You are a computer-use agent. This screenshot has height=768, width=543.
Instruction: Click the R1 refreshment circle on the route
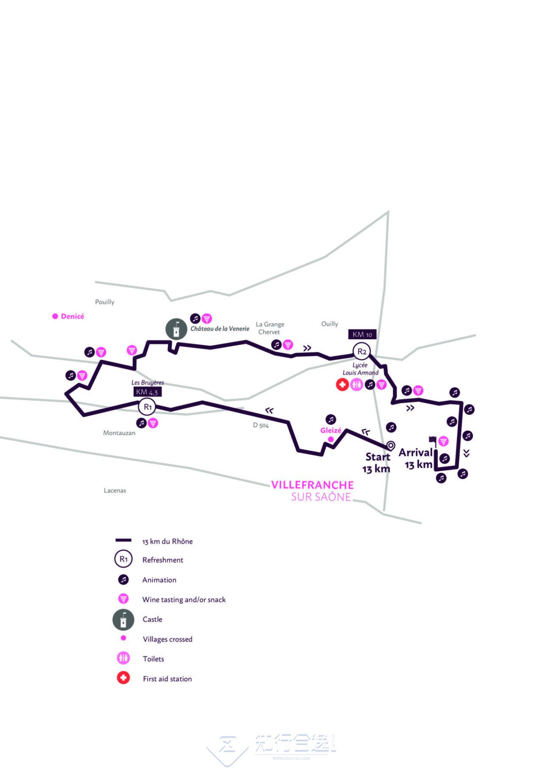[147, 407]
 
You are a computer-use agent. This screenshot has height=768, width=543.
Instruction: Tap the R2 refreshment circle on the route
[361, 351]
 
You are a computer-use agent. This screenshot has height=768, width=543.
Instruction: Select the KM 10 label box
[362, 335]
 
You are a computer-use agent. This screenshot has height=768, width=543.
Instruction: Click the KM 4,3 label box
[147, 392]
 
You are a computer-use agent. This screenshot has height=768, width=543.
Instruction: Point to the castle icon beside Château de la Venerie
[176, 329]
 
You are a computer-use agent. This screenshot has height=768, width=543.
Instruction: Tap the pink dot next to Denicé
[55, 316]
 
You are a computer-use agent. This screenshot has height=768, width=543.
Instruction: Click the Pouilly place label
[105, 302]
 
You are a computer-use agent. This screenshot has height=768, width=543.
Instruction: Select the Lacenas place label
[115, 490]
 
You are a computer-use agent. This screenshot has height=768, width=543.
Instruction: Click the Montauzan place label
[119, 433]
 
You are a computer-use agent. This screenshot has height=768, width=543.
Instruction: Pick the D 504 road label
[261, 425]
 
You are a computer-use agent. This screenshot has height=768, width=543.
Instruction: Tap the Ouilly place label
[330, 324]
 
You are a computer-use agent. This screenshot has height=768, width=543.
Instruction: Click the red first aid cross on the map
[342, 385]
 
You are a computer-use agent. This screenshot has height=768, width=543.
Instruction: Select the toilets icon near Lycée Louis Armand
[356, 385]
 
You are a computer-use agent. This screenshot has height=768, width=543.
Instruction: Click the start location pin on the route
[391, 446]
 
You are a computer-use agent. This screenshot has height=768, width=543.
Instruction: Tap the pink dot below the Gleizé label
[331, 439]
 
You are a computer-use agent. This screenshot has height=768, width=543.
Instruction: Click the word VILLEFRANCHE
[312, 485]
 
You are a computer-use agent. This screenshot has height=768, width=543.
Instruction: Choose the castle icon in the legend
[123, 620]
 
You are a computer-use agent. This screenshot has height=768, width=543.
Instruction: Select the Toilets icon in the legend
[123, 659]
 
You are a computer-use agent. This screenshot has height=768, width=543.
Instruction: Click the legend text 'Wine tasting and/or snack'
[184, 600]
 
